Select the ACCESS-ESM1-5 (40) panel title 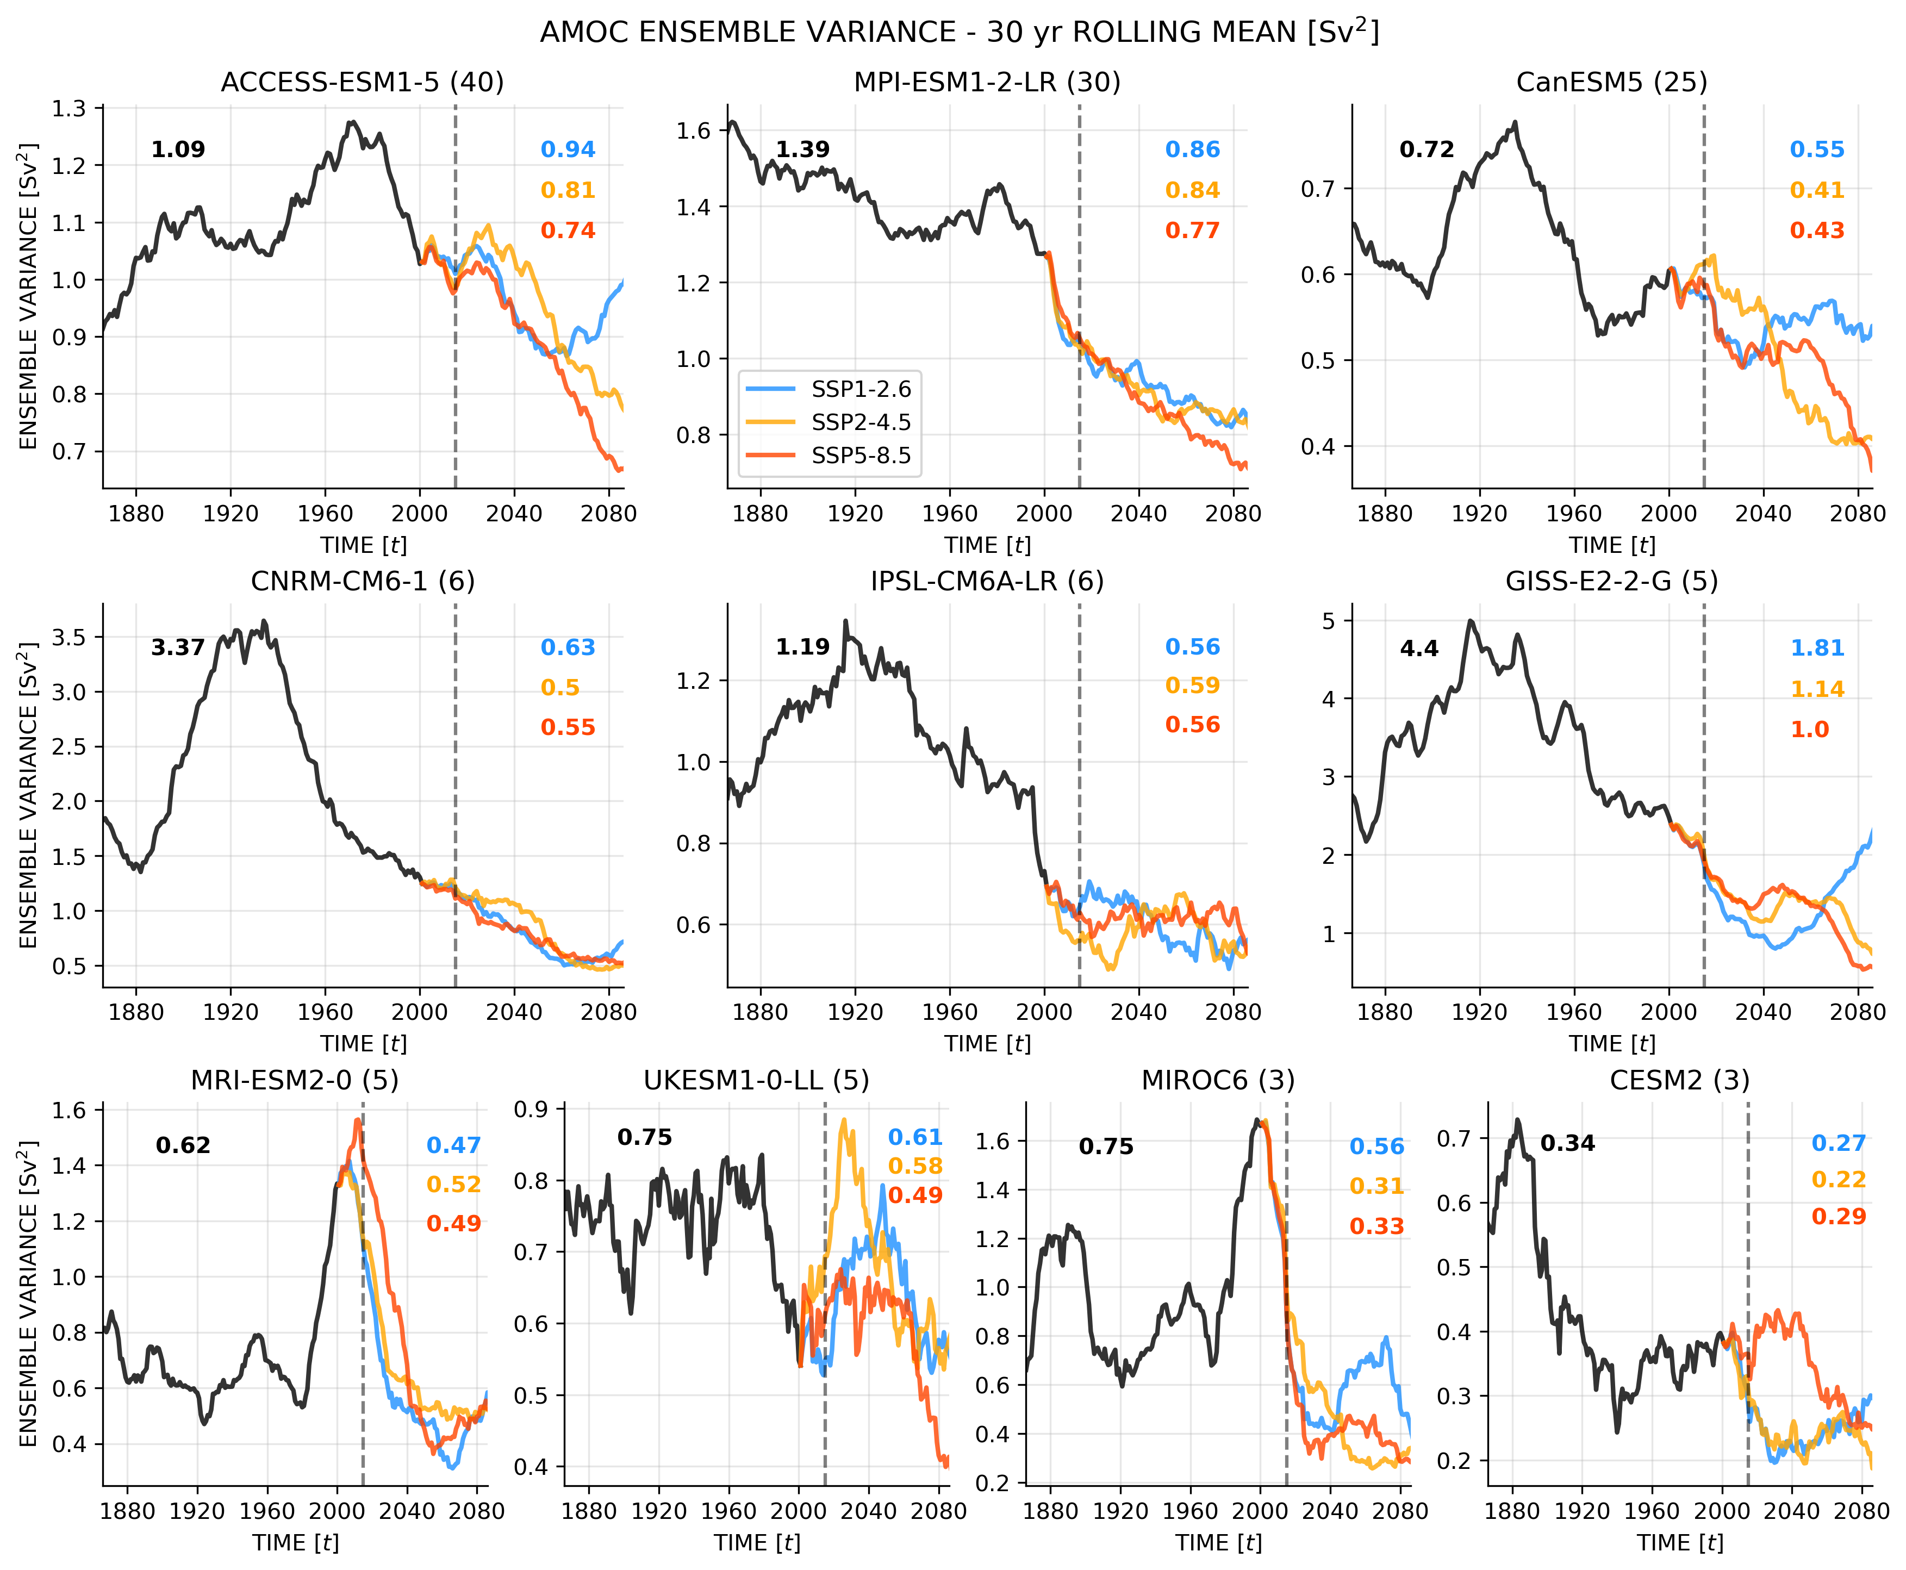click(x=363, y=82)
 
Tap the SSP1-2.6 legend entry click(x=861, y=389)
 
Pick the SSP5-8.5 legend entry click(x=861, y=456)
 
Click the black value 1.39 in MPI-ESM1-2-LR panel click(x=802, y=149)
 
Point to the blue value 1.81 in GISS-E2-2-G click(x=1816, y=647)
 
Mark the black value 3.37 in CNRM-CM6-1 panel click(x=177, y=647)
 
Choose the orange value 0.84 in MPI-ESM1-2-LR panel click(x=1192, y=190)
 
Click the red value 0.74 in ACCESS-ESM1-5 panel click(x=568, y=230)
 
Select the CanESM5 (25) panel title click(x=1611, y=82)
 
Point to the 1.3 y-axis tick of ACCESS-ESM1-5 click(x=68, y=109)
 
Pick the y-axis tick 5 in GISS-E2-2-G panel click(x=1328, y=621)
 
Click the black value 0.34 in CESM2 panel click(x=1567, y=1143)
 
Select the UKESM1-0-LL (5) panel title click(x=756, y=1080)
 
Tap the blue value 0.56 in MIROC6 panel click(x=1376, y=1147)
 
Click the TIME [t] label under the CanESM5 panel click(x=1611, y=545)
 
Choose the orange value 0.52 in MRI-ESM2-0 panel click(x=453, y=1184)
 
